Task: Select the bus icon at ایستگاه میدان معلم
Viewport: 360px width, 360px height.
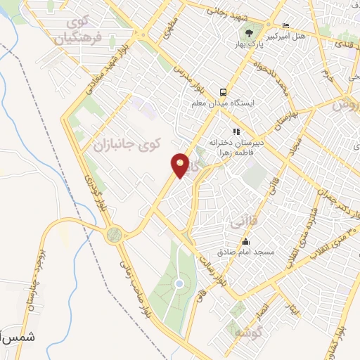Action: coord(223,92)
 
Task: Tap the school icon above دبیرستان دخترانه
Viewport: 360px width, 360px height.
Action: coord(237,131)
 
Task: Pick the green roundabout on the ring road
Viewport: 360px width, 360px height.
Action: coord(113,236)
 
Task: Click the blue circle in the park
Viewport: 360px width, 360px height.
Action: coord(179,283)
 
